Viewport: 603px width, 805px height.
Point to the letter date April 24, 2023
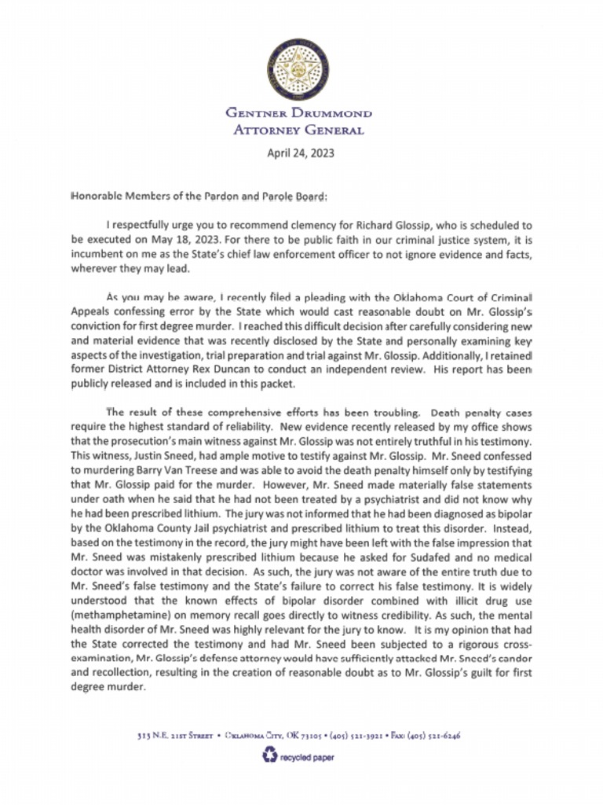(x=301, y=153)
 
